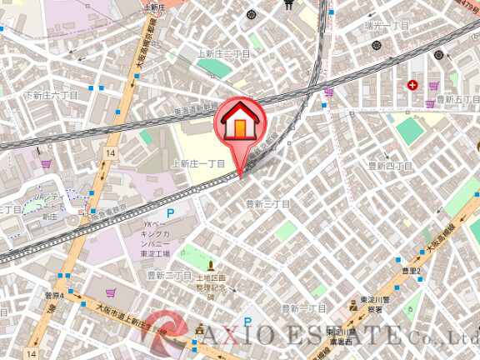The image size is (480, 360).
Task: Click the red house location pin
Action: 238,125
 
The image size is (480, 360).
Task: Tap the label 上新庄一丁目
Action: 198,164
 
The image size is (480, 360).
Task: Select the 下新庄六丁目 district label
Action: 51,96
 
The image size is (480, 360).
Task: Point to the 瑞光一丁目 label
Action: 387,26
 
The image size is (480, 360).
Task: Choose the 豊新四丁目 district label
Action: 391,167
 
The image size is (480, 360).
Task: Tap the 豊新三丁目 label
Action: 267,203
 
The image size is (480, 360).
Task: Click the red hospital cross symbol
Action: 412,85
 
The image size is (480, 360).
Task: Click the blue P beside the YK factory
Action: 171,214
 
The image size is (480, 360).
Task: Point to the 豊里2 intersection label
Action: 409,271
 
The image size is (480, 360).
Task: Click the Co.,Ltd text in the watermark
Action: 442,337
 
